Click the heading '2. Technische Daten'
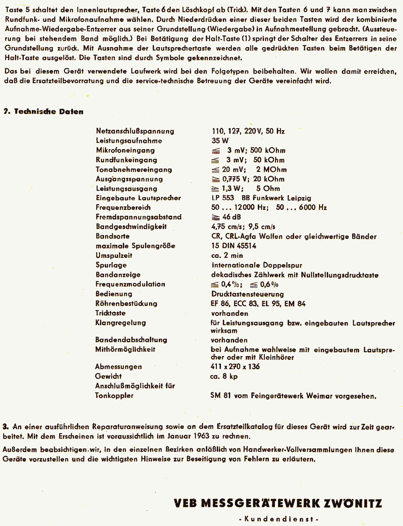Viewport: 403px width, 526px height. (x=44, y=112)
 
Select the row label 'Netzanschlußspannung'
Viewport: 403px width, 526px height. (x=135, y=131)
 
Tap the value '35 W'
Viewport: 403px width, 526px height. (x=220, y=141)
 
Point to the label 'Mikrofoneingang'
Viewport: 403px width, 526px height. (x=125, y=150)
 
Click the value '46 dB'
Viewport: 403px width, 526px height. (x=231, y=217)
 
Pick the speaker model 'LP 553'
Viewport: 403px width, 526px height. (x=223, y=198)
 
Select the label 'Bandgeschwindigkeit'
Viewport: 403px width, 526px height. (x=131, y=227)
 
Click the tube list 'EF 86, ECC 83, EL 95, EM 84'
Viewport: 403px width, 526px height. (x=258, y=304)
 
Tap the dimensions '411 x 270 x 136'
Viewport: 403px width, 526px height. (x=236, y=367)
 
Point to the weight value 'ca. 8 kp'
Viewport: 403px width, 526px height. (x=224, y=376)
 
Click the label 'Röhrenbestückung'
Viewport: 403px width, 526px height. (x=126, y=304)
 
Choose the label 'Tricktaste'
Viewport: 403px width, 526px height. (x=110, y=313)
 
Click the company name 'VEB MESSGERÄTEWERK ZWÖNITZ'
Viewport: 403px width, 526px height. (x=278, y=503)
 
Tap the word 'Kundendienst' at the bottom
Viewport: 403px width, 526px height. (x=278, y=519)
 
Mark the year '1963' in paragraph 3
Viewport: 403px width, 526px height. (x=201, y=436)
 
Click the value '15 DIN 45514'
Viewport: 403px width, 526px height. (x=234, y=246)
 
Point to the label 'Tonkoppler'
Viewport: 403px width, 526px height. (x=114, y=396)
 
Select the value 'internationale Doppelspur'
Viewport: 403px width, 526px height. (x=257, y=265)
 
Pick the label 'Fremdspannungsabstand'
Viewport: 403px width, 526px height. (x=138, y=217)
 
